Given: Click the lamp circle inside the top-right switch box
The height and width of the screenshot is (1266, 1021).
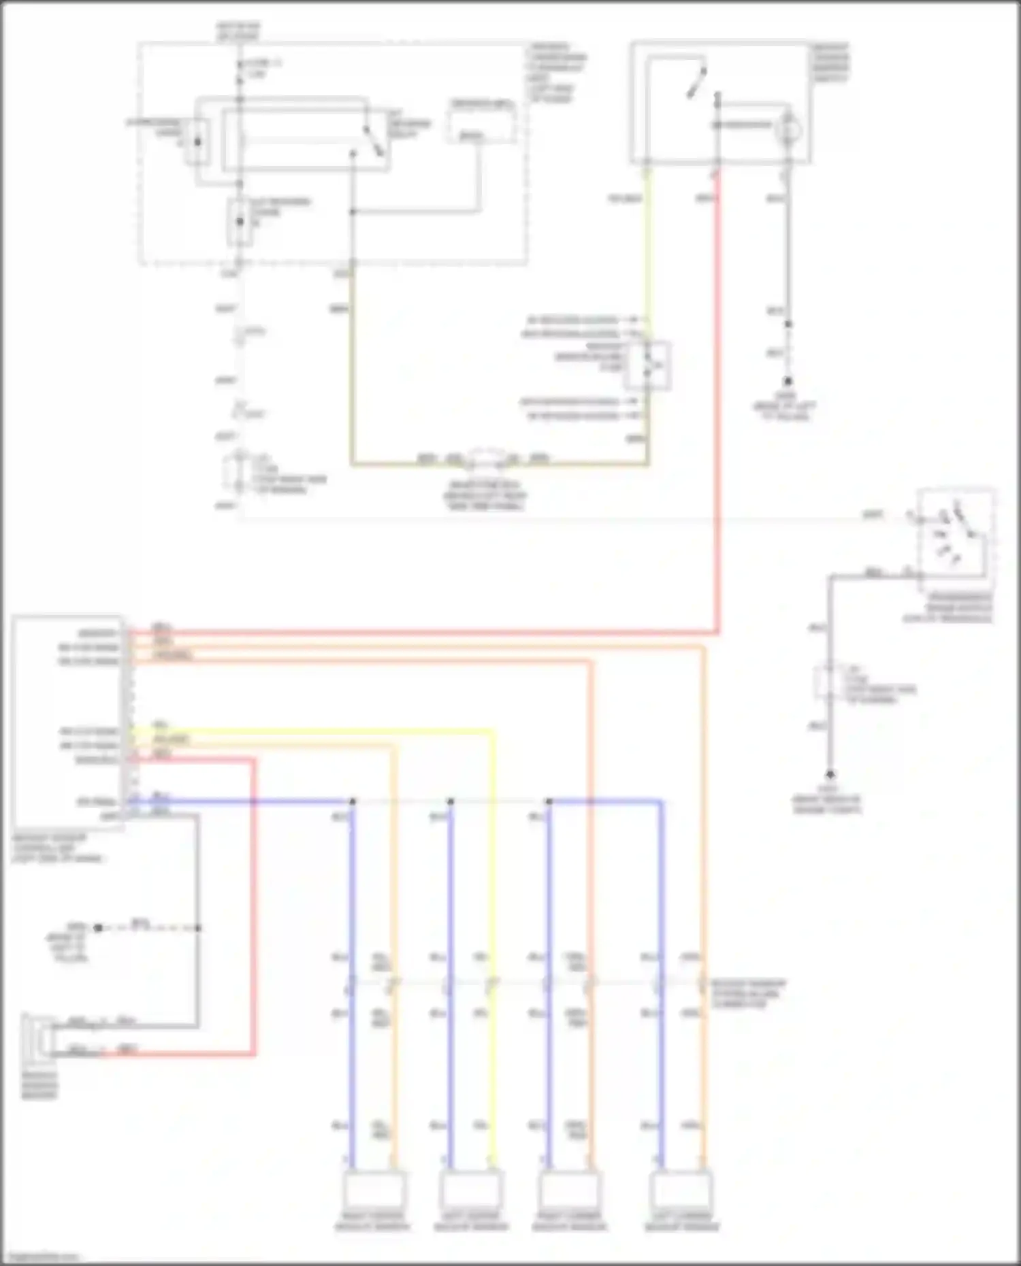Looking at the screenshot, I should click(789, 129).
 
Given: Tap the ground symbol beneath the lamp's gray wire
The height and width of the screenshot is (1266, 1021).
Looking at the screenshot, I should click(788, 382).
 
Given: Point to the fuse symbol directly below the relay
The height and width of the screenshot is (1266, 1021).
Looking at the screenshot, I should click(239, 222).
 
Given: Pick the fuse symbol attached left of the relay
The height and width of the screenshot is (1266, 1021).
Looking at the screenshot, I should click(198, 141).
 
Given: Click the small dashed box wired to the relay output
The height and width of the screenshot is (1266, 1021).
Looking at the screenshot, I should click(481, 122).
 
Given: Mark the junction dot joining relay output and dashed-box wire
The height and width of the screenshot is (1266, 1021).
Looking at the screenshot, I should click(353, 212).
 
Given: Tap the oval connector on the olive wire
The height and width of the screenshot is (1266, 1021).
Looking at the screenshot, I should click(485, 460).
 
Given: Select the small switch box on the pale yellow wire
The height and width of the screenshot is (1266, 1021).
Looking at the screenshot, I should click(647, 366).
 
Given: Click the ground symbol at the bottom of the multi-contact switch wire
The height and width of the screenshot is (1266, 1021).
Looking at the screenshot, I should click(829, 775).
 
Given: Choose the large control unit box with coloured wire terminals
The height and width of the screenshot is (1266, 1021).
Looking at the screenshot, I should click(68, 721).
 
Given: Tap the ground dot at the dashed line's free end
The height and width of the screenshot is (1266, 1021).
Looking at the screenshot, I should click(98, 927).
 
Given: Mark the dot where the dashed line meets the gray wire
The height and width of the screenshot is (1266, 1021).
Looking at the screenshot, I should click(198, 927).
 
